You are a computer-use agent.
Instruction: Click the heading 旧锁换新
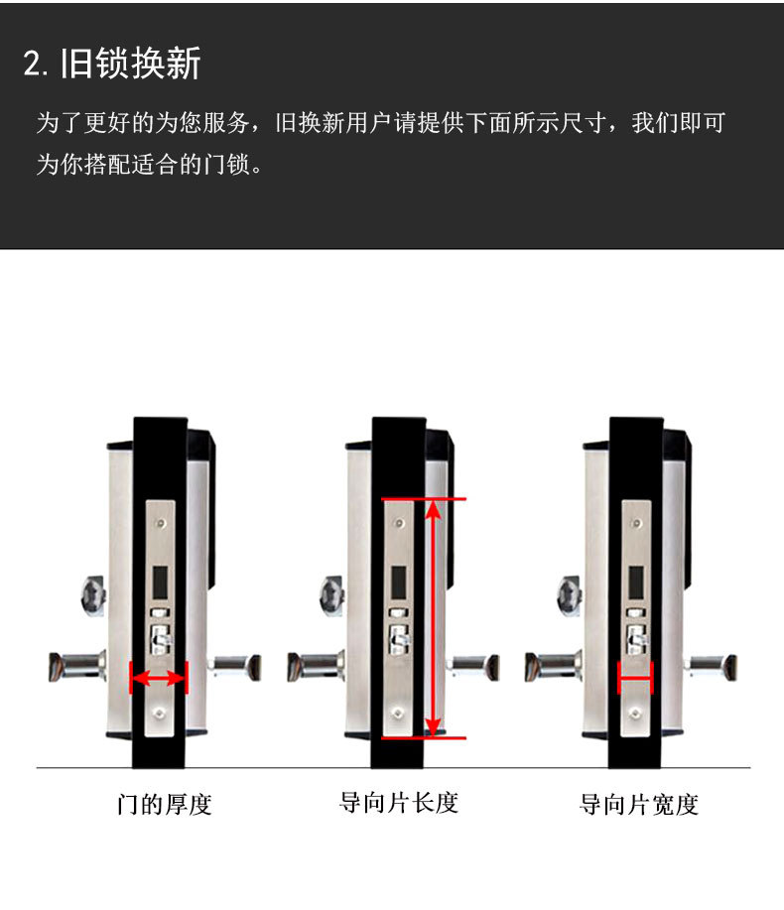(x=131, y=63)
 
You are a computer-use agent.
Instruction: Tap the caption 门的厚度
(x=164, y=805)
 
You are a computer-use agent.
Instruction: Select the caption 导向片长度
(x=399, y=803)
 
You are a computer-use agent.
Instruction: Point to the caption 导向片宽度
(x=638, y=805)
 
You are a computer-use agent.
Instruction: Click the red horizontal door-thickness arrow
(x=159, y=677)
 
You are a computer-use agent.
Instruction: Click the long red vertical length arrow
(x=434, y=618)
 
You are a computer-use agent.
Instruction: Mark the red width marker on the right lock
(x=635, y=677)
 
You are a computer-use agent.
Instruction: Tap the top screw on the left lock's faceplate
(x=162, y=524)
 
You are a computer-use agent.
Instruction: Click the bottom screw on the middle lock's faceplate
(x=398, y=713)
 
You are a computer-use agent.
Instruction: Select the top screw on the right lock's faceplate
(x=636, y=524)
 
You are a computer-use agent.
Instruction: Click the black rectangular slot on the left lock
(x=160, y=584)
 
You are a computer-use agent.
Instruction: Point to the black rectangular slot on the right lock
(x=636, y=584)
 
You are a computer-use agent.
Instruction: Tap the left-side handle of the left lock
(x=77, y=667)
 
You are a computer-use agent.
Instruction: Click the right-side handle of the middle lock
(x=473, y=668)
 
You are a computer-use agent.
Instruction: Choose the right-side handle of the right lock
(x=711, y=668)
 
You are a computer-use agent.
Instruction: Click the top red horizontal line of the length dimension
(x=424, y=498)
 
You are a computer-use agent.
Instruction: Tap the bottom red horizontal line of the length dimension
(x=424, y=737)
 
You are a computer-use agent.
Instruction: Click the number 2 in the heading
(x=32, y=64)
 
